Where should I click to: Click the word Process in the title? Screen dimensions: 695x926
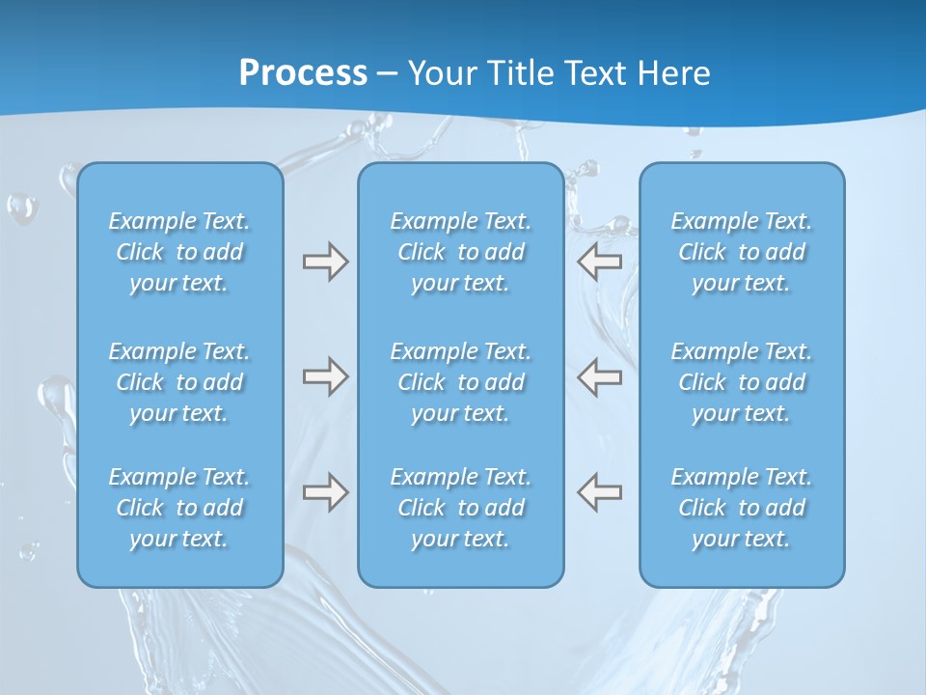303,73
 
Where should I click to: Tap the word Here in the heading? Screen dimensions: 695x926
674,73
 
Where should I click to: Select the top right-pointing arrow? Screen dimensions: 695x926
325,262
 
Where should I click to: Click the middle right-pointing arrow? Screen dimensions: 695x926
325,376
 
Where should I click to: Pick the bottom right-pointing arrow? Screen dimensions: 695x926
325,492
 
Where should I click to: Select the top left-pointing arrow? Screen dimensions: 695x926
600,262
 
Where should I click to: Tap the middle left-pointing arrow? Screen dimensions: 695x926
600,376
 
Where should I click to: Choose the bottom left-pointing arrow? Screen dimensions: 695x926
600,492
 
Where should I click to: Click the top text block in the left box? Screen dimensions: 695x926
179,252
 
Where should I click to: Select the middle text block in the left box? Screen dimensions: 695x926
179,382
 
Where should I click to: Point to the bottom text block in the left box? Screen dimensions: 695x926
179,508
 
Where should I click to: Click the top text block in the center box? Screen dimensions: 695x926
460,252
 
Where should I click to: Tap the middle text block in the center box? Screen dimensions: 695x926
460,382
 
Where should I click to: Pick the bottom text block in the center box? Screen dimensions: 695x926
460,508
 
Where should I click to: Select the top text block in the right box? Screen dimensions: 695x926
742,252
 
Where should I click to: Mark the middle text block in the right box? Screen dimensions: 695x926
742,382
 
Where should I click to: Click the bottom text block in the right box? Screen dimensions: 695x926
742,508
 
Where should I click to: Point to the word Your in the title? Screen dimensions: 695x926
442,73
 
